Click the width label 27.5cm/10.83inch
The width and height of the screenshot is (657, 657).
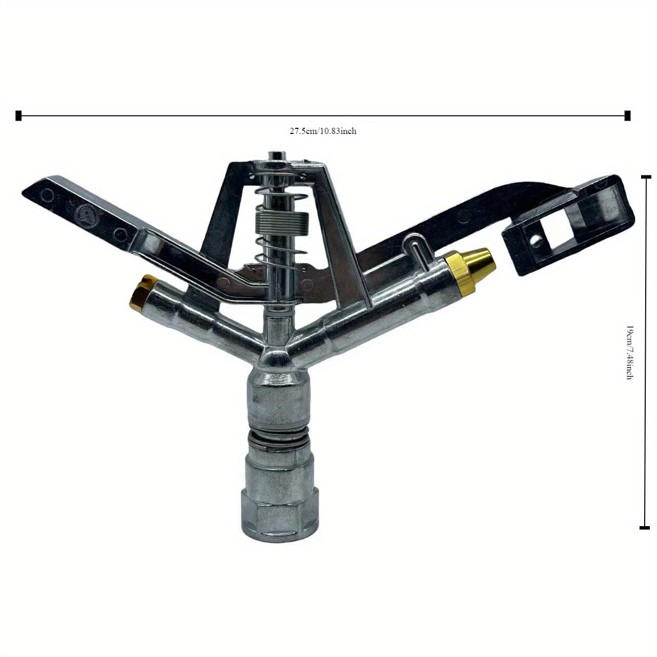click(x=323, y=131)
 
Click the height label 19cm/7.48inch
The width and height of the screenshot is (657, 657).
click(x=629, y=352)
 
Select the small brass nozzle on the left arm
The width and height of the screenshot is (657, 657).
click(x=139, y=291)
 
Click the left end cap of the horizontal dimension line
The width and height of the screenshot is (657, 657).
click(x=19, y=116)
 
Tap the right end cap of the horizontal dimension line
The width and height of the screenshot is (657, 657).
click(x=627, y=116)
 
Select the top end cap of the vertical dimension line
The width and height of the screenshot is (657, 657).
click(x=645, y=177)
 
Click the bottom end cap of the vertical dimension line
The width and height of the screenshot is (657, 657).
click(x=645, y=527)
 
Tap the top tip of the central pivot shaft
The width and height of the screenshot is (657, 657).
click(x=276, y=155)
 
